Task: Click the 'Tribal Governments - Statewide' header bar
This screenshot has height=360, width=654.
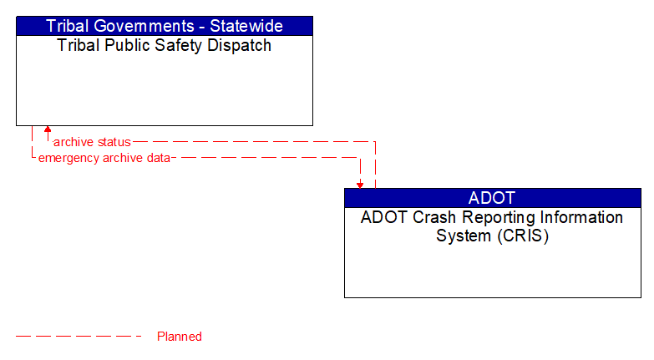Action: click(x=165, y=26)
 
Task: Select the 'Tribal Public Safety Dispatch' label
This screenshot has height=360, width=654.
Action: click(x=165, y=46)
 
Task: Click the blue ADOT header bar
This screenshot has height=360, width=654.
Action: click(x=492, y=198)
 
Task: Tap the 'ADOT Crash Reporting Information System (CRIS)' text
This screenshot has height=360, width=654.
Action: click(x=492, y=226)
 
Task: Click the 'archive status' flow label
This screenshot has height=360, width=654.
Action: click(x=92, y=142)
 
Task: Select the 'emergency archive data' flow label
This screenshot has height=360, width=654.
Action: click(x=104, y=157)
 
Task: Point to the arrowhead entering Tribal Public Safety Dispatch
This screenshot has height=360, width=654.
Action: click(x=48, y=130)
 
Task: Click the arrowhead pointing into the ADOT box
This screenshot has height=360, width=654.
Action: click(x=360, y=184)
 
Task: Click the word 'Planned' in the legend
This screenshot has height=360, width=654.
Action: click(x=180, y=337)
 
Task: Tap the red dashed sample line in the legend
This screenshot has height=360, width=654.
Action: click(x=79, y=337)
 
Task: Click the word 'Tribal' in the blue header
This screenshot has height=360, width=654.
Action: click(x=67, y=26)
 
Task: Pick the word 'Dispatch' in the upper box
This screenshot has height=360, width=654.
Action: click(x=241, y=46)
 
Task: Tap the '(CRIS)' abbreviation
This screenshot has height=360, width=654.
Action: click(x=524, y=236)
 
